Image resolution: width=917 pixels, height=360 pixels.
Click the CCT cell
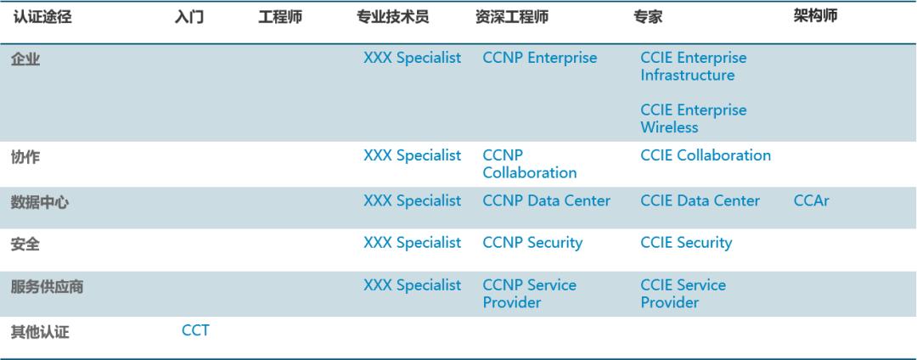(195, 330)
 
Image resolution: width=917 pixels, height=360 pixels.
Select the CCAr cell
(810, 201)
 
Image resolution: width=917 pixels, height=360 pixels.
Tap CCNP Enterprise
(539, 59)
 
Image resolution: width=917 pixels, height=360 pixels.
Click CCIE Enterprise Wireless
(694, 119)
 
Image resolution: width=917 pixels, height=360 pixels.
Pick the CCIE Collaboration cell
(706, 156)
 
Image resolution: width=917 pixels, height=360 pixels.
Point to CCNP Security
(532, 243)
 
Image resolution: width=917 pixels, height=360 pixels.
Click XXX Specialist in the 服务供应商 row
(412, 285)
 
